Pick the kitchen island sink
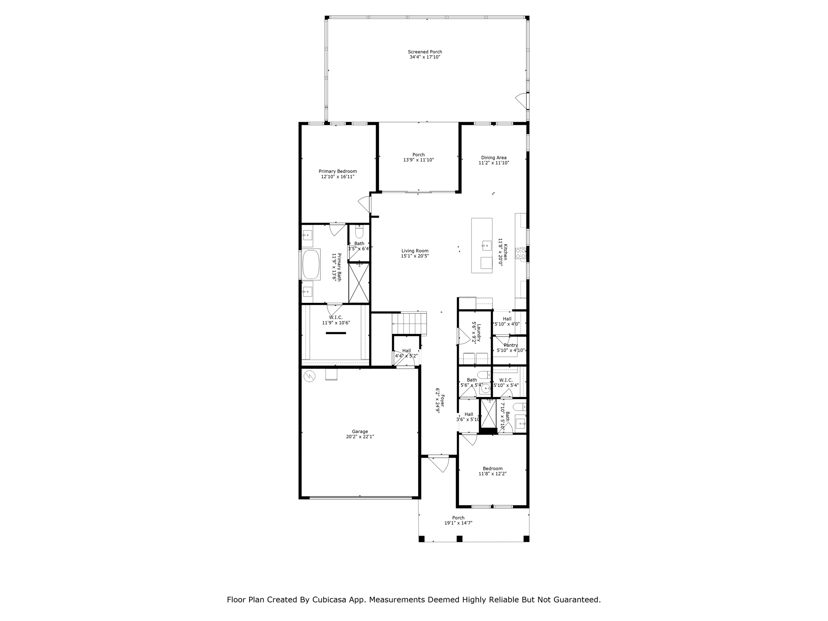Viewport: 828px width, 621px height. tap(487, 245)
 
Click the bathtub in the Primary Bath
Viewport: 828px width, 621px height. tap(311, 264)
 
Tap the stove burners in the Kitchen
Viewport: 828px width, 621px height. tap(520, 253)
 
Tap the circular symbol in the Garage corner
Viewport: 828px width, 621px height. tap(309, 376)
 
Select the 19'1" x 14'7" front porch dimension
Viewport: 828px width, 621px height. tap(458, 523)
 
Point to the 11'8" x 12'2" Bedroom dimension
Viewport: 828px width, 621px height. tap(492, 473)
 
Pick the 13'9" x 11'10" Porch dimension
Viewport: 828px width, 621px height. tap(418, 160)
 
